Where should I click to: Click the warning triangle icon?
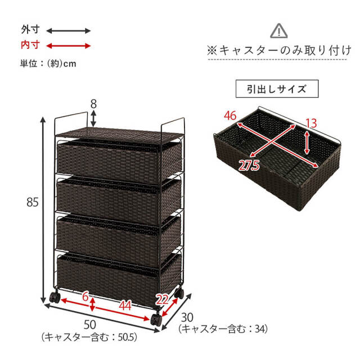pyautogui.click(x=279, y=31)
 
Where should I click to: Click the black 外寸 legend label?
pyautogui.click(x=30, y=30)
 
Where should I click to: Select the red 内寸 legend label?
pyautogui.click(x=30, y=45)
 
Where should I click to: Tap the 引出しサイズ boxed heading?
pyautogui.click(x=277, y=89)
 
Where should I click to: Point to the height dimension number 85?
pyautogui.click(x=33, y=202)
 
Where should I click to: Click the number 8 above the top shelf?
pyautogui.click(x=93, y=104)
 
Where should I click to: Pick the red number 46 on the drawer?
pyautogui.click(x=230, y=115)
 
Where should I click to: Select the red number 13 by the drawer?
pyautogui.click(x=311, y=123)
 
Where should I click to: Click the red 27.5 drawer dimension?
pyautogui.click(x=249, y=165)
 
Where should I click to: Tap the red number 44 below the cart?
pyautogui.click(x=125, y=306)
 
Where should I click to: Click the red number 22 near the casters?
pyautogui.click(x=163, y=299)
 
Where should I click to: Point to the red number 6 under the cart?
pyautogui.click(x=85, y=296)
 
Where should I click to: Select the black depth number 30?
pyautogui.click(x=187, y=317)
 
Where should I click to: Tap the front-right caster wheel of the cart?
pyautogui.click(x=156, y=319)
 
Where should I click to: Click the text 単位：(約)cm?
pyautogui.click(x=48, y=64)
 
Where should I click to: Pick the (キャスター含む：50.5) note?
pyautogui.click(x=89, y=337)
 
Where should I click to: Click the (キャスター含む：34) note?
pyautogui.click(x=223, y=329)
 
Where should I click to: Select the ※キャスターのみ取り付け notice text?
pyautogui.click(x=279, y=51)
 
